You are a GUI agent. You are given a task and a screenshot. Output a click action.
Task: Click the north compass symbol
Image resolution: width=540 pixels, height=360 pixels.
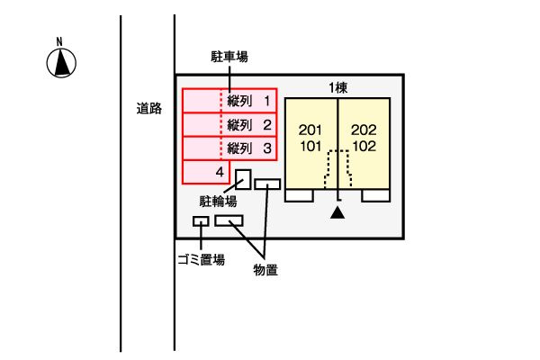(x=61, y=63)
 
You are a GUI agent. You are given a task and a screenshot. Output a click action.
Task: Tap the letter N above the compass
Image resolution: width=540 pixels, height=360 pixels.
(x=59, y=41)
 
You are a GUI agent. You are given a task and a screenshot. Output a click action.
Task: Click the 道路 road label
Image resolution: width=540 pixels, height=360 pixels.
(x=148, y=109)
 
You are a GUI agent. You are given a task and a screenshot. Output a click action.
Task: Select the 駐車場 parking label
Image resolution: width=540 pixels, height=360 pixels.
(x=229, y=57)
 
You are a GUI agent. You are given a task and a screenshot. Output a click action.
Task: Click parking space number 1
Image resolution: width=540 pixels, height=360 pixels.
(x=267, y=101)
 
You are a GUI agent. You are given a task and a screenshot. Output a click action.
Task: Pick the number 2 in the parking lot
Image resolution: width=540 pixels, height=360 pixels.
(x=267, y=125)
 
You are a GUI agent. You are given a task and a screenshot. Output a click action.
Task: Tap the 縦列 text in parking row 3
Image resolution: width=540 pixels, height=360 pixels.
(x=239, y=148)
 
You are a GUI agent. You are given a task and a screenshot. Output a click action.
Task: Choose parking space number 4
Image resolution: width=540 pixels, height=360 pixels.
(x=220, y=172)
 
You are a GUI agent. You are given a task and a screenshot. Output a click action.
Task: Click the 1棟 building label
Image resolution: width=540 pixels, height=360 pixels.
(x=337, y=88)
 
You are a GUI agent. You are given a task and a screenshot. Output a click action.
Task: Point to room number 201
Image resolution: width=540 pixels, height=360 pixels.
(x=310, y=130)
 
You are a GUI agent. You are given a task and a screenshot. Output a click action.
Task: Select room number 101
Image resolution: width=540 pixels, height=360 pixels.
(x=310, y=147)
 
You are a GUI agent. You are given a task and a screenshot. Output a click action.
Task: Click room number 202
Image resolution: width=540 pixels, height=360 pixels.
(x=364, y=130)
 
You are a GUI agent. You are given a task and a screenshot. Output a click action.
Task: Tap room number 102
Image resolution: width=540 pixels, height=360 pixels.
(x=364, y=147)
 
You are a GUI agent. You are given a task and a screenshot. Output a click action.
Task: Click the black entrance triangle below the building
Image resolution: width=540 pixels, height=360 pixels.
(x=337, y=212)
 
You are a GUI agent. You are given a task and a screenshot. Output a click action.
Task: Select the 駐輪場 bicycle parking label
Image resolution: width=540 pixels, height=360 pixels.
(x=218, y=202)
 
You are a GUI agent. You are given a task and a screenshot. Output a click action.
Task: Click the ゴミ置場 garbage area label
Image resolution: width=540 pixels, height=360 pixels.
(x=201, y=259)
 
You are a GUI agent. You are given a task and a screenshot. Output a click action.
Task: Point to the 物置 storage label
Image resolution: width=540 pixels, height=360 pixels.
(x=265, y=270)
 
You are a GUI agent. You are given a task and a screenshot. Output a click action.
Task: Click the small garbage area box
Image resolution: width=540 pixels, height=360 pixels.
(x=201, y=221)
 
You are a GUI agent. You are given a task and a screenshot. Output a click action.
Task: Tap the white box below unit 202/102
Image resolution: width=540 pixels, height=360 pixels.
(x=375, y=195)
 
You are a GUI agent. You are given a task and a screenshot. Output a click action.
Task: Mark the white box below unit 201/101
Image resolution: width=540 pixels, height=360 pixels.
(x=300, y=195)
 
